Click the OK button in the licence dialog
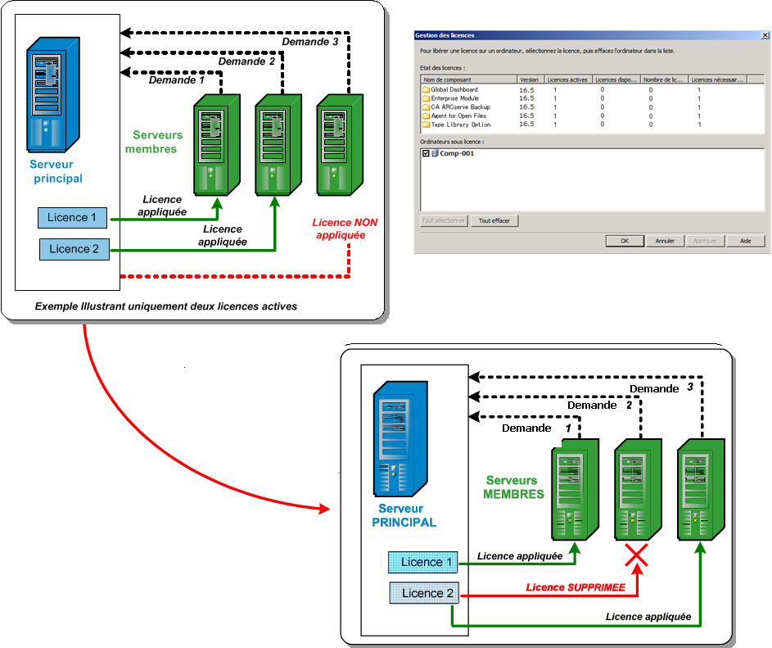click(x=625, y=241)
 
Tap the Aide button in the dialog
click(x=746, y=241)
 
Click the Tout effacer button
click(x=494, y=220)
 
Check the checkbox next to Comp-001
click(x=426, y=153)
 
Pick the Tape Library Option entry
click(x=461, y=125)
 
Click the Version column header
click(x=529, y=79)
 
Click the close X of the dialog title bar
click(x=765, y=35)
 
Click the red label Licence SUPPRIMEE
click(x=576, y=587)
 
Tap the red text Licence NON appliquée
click(x=345, y=229)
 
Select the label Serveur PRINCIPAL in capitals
click(x=407, y=515)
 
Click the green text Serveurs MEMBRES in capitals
click(x=512, y=487)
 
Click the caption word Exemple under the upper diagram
click(x=56, y=306)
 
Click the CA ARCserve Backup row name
click(x=460, y=107)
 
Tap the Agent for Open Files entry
click(x=459, y=116)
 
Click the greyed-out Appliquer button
click(x=705, y=241)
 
